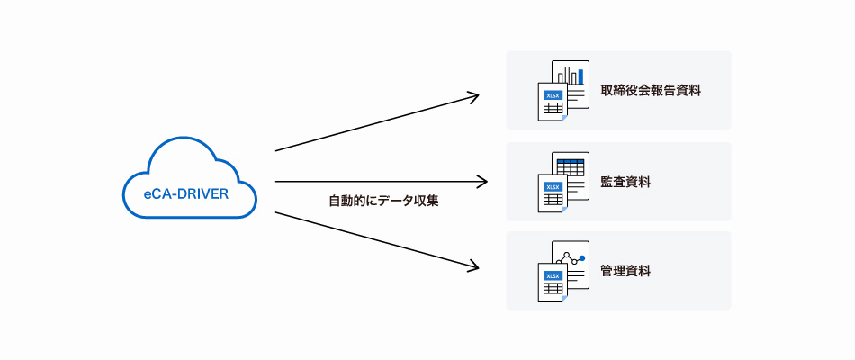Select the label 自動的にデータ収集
pyautogui.click(x=383, y=201)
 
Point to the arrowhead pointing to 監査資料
pyautogui.click(x=482, y=182)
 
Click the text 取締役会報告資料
pyautogui.click(x=651, y=91)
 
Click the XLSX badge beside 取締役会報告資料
pyautogui.click(x=553, y=95)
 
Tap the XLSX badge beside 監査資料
pyautogui.click(x=553, y=186)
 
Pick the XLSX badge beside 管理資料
pyautogui.click(x=553, y=275)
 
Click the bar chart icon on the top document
pyautogui.click(x=571, y=75)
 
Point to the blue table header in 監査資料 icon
pyautogui.click(x=571, y=161)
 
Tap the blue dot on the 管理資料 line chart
pyautogui.click(x=582, y=258)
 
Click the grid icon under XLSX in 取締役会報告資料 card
pyautogui.click(x=553, y=110)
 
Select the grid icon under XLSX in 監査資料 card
pyautogui.click(x=553, y=200)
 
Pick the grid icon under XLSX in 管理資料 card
pyautogui.click(x=553, y=289)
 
